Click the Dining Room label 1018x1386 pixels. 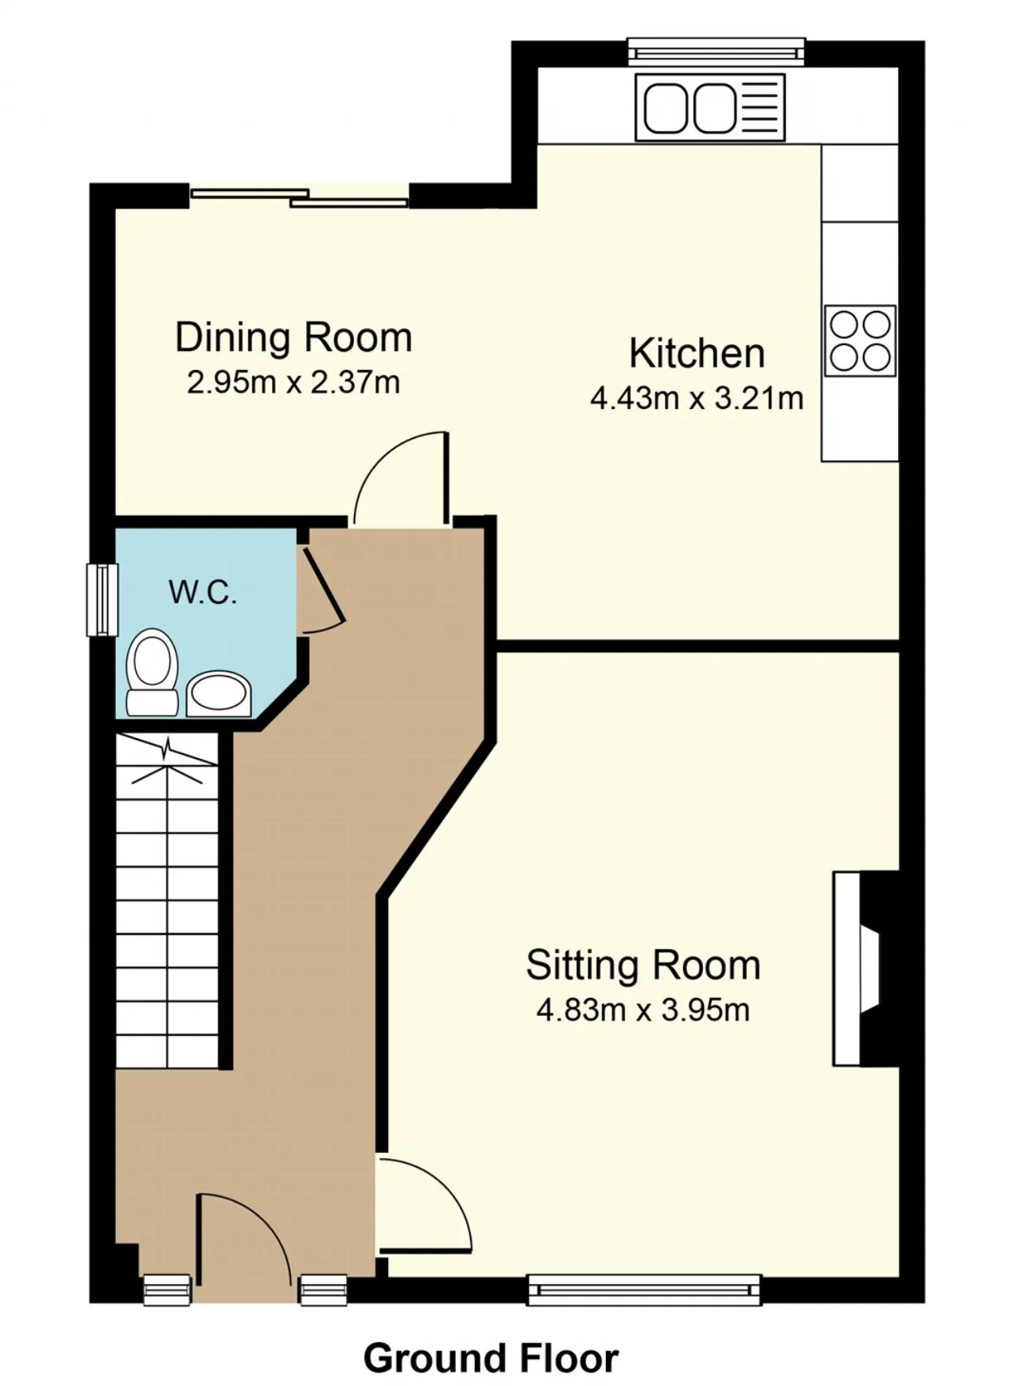(293, 337)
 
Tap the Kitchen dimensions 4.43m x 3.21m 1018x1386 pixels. (697, 398)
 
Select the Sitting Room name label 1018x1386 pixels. (643, 965)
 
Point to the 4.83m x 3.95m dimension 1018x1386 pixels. (643, 1010)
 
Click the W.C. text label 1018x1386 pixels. (203, 592)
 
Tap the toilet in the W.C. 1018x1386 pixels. (153, 672)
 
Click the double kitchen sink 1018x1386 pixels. (710, 107)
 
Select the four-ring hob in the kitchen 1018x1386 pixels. (861, 341)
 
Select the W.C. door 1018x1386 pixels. (321, 590)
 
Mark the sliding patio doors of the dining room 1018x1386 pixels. (299, 197)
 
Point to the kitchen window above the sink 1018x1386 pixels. (716, 52)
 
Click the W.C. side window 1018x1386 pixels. (102, 600)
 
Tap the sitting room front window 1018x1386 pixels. (644, 1290)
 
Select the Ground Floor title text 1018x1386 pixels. (491, 1358)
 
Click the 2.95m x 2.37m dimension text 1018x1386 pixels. (293, 383)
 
